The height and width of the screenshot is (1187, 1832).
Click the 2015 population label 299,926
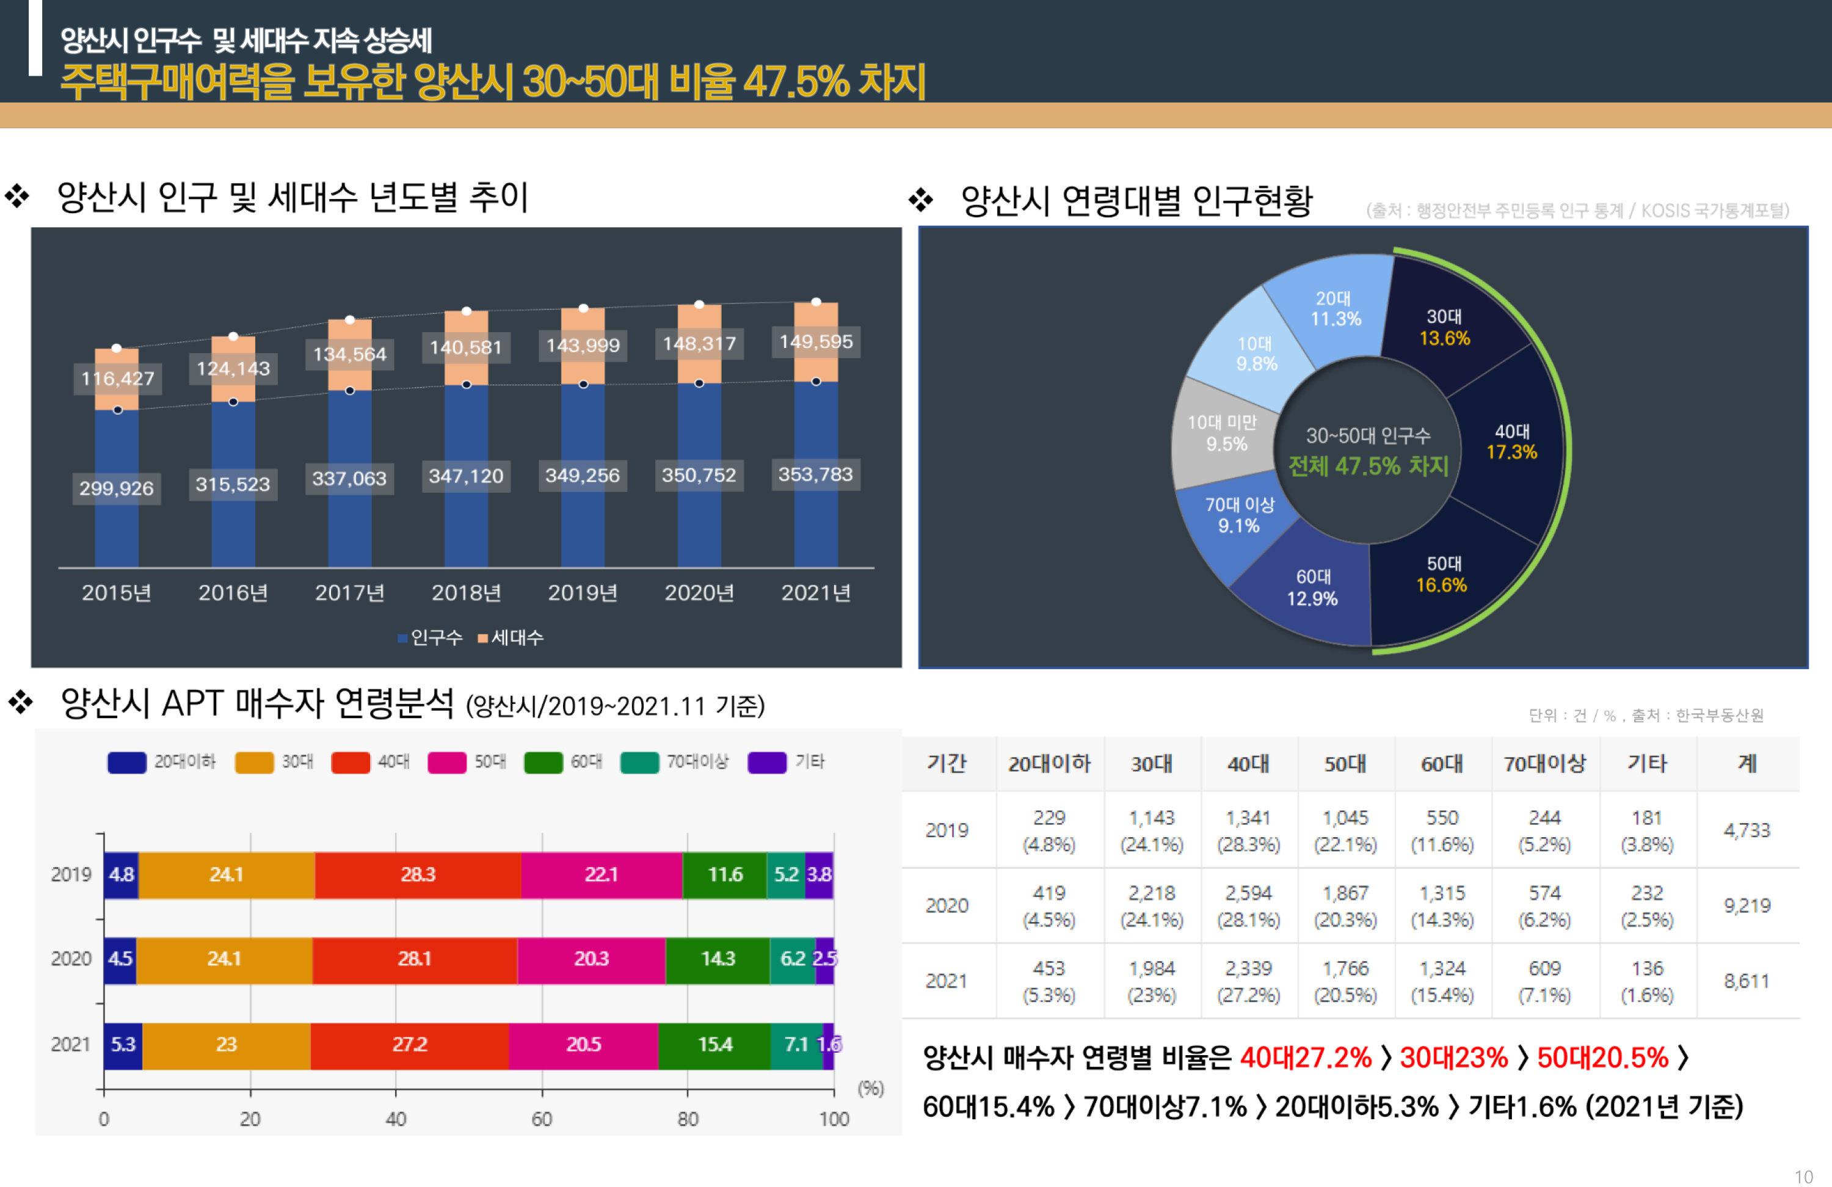click(116, 488)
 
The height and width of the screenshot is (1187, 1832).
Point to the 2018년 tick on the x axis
click(466, 593)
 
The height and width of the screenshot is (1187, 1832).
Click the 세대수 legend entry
click(511, 637)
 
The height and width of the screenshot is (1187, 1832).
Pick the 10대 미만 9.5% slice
click(1223, 434)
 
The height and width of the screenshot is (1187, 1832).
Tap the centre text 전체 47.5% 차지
click(1369, 466)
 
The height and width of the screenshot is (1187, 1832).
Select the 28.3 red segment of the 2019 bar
click(418, 874)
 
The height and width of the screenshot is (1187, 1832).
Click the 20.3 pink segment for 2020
click(591, 959)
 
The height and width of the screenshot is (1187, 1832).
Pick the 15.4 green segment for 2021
click(715, 1045)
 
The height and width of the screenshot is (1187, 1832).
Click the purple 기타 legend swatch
click(766, 762)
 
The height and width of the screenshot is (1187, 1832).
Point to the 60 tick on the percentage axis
click(542, 1119)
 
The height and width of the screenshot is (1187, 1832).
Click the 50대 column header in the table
click(1345, 764)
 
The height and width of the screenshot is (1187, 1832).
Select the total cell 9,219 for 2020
click(1747, 906)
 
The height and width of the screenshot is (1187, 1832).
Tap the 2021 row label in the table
click(947, 981)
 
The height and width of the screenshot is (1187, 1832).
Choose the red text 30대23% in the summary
click(1453, 1058)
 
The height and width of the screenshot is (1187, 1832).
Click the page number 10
click(1803, 1177)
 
